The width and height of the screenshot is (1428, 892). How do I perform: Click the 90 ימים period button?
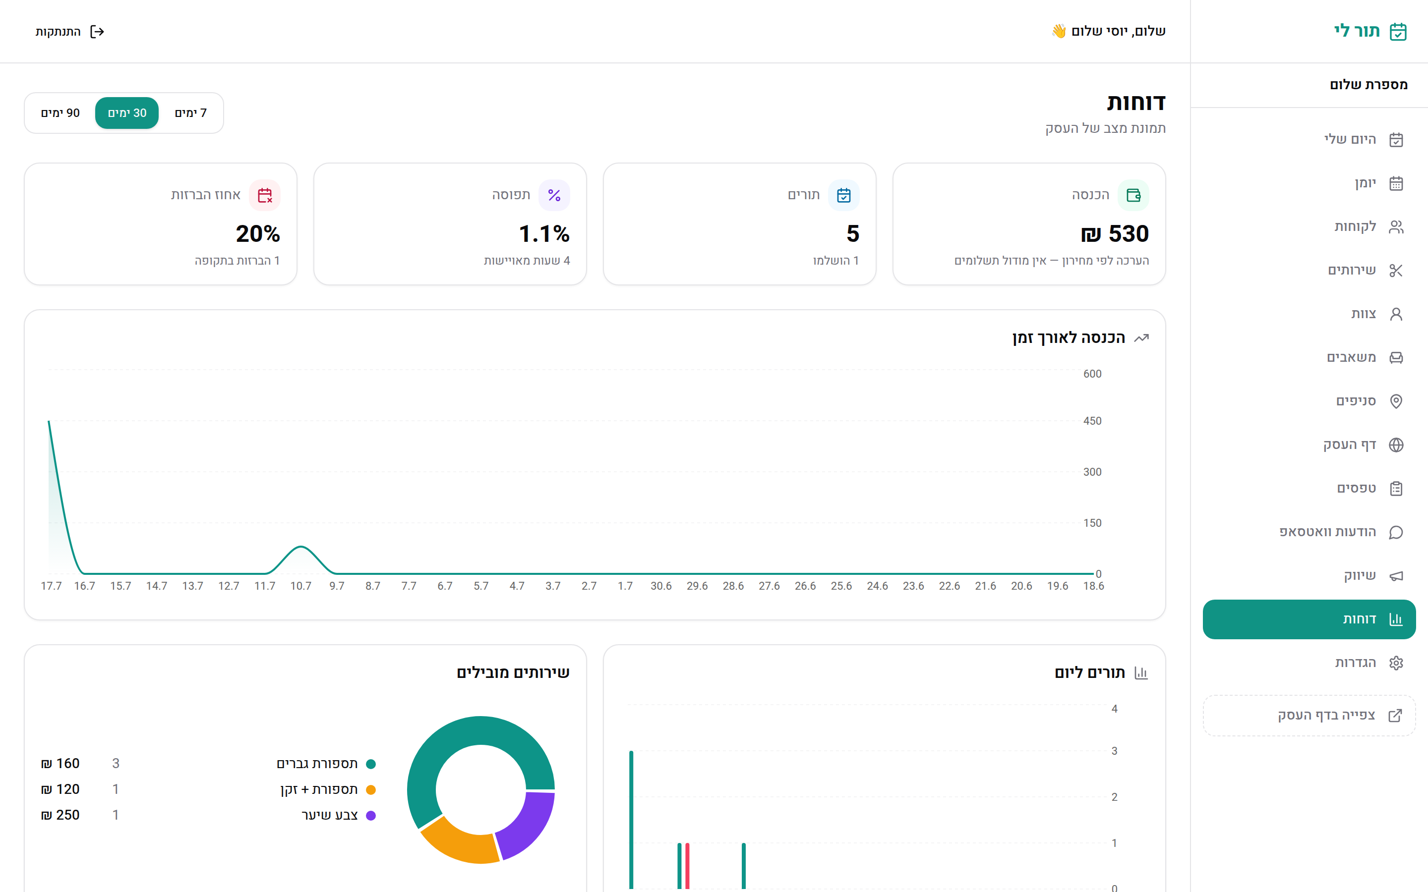[60, 112]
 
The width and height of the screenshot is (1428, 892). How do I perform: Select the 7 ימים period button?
[190, 112]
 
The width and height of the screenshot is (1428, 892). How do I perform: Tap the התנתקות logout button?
[69, 31]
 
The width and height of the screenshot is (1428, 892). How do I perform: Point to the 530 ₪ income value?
[1115, 233]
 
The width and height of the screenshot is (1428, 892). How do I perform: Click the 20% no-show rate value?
[258, 233]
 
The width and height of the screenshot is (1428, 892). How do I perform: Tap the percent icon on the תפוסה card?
[554, 195]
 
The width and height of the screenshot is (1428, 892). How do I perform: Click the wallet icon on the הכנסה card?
[1133, 195]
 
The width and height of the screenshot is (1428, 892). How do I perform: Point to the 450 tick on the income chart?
[1092, 421]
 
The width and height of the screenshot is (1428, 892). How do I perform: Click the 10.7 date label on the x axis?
[301, 586]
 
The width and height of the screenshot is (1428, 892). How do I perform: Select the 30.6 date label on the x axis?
[661, 586]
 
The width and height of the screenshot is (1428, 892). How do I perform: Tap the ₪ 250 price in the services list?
[60, 815]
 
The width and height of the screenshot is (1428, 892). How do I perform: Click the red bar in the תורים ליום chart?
[687, 865]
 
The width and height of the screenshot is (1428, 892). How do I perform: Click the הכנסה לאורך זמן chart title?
[1069, 337]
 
